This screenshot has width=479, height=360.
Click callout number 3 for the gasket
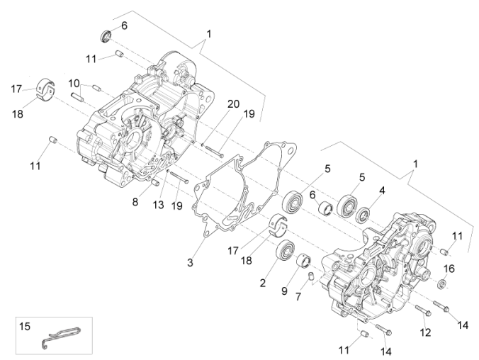[190, 263]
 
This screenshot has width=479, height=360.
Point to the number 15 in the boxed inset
[24, 327]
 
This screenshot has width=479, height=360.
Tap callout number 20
[232, 104]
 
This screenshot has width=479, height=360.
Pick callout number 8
[135, 201]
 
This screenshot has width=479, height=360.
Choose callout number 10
[74, 83]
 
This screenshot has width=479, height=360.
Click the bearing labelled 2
[286, 249]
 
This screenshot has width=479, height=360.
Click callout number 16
[449, 269]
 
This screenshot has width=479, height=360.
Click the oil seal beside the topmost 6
[105, 35]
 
